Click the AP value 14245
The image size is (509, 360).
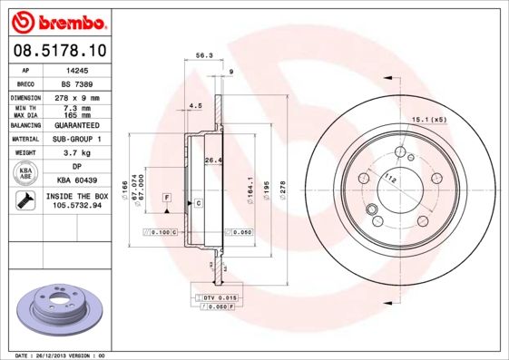[x=75, y=69]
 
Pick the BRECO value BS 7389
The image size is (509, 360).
[x=75, y=83]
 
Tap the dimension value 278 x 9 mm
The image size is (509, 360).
[x=75, y=97]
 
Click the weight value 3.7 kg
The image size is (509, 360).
[x=75, y=153]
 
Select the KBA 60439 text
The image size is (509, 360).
[x=75, y=180]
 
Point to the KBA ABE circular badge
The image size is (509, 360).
[x=25, y=173]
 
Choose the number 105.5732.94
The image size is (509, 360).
[x=76, y=206]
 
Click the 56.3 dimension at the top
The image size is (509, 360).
[x=203, y=55]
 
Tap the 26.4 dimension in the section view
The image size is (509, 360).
[x=213, y=161]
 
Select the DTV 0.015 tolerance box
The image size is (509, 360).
[x=219, y=297]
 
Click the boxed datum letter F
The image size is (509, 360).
[x=168, y=197]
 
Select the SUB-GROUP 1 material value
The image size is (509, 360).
[x=75, y=139]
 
